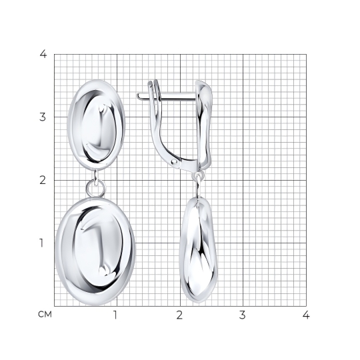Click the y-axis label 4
pyautogui.click(x=43, y=54)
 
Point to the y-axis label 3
pyautogui.click(x=43, y=117)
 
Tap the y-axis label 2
pyautogui.click(x=43, y=180)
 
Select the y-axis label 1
pyautogui.click(x=41, y=243)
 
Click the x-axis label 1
pyautogui.click(x=115, y=315)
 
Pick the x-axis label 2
pyautogui.click(x=179, y=315)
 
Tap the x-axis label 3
pyautogui.click(x=243, y=315)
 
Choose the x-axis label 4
pyautogui.click(x=306, y=315)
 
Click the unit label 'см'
pyautogui.click(x=45, y=315)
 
